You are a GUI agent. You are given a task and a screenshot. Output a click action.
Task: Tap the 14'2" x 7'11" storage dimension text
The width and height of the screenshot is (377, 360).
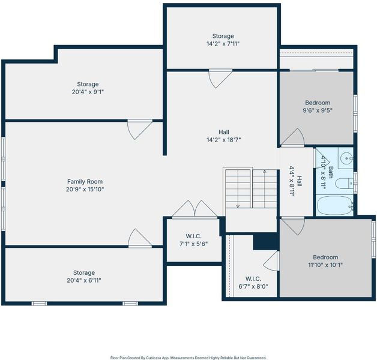click(223, 44)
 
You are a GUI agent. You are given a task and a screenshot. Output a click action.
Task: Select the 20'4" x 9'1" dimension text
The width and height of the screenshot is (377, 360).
click(88, 92)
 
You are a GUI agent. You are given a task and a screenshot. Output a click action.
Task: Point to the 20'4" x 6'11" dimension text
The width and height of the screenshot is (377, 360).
click(84, 280)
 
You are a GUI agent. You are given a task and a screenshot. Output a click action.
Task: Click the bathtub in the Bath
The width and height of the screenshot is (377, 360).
click(334, 205)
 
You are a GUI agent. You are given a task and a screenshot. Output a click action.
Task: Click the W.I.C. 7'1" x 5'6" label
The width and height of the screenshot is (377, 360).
click(194, 240)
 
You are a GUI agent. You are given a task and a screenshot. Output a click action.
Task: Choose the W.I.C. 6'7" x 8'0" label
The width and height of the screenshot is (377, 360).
click(253, 283)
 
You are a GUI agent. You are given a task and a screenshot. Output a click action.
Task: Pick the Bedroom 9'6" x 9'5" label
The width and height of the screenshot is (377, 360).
click(318, 106)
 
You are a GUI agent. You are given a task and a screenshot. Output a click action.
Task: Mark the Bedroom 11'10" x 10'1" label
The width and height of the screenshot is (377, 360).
click(325, 261)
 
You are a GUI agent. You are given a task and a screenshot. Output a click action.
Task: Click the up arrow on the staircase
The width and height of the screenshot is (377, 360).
click(265, 189)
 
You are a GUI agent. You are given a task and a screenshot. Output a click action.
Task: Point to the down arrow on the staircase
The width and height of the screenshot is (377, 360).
click(238, 189)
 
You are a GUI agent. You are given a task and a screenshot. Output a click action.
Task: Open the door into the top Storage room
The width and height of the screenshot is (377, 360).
click(220, 78)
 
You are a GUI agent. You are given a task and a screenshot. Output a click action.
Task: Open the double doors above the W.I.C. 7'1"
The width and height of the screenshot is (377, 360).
click(195, 209)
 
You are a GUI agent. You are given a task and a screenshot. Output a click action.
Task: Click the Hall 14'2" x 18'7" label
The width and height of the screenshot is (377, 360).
click(224, 136)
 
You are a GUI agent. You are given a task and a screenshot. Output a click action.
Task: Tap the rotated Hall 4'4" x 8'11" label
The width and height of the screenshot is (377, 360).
click(295, 181)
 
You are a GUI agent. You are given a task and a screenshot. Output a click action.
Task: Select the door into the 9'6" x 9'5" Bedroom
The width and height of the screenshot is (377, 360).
click(293, 137)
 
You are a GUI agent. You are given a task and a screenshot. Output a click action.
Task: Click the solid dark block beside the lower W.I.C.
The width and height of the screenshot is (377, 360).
click(266, 242)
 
